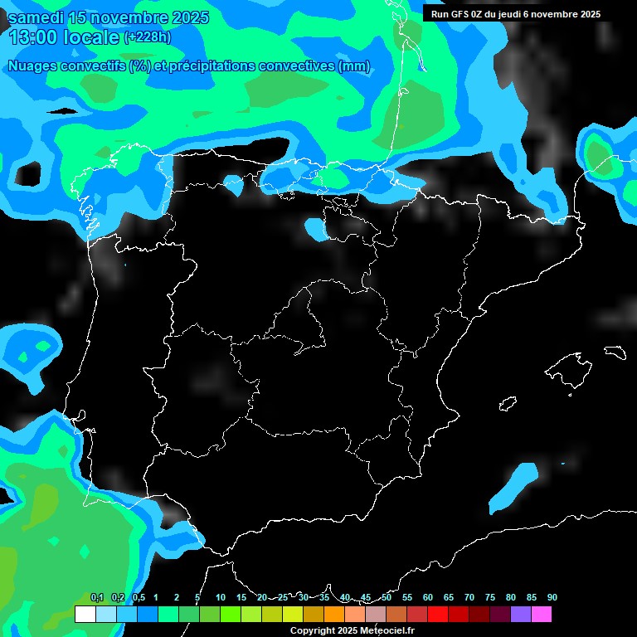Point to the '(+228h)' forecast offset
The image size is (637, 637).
click(147, 36)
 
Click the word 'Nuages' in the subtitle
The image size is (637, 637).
click(32, 66)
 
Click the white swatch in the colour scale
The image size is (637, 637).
click(85, 615)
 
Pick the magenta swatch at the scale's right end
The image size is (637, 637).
click(542, 615)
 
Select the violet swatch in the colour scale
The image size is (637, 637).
click(521, 615)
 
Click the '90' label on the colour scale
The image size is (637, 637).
click(552, 597)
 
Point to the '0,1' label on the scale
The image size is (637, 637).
click(97, 597)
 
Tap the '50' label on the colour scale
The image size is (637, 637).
click(387, 597)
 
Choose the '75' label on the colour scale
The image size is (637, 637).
click(490, 597)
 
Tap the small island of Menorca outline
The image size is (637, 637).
click(614, 352)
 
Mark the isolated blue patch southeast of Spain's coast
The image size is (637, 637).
click(513, 486)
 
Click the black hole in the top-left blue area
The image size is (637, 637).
click(27, 173)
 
